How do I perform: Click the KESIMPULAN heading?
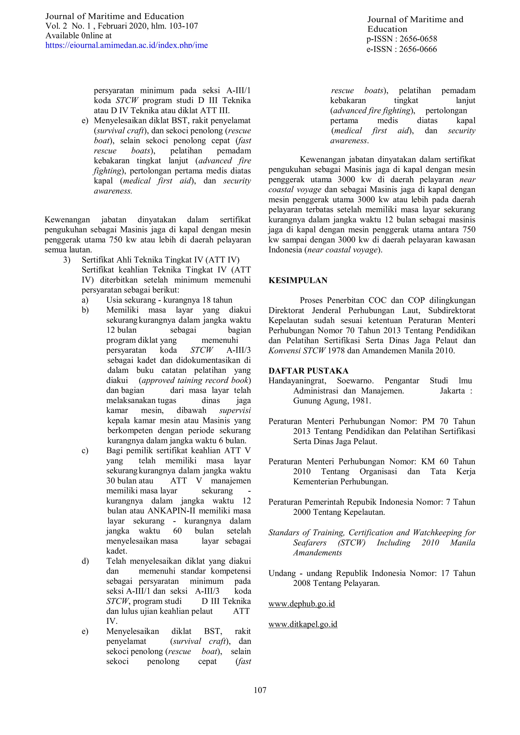pos(298,280)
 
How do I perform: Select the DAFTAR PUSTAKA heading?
pos(308,371)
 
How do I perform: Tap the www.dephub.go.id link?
pos(301,604)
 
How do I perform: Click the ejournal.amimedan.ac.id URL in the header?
pos(126,45)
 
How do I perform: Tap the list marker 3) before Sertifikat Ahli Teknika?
pos(67,260)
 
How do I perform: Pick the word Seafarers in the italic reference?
pos(310,543)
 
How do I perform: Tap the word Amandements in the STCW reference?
pos(317,553)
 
